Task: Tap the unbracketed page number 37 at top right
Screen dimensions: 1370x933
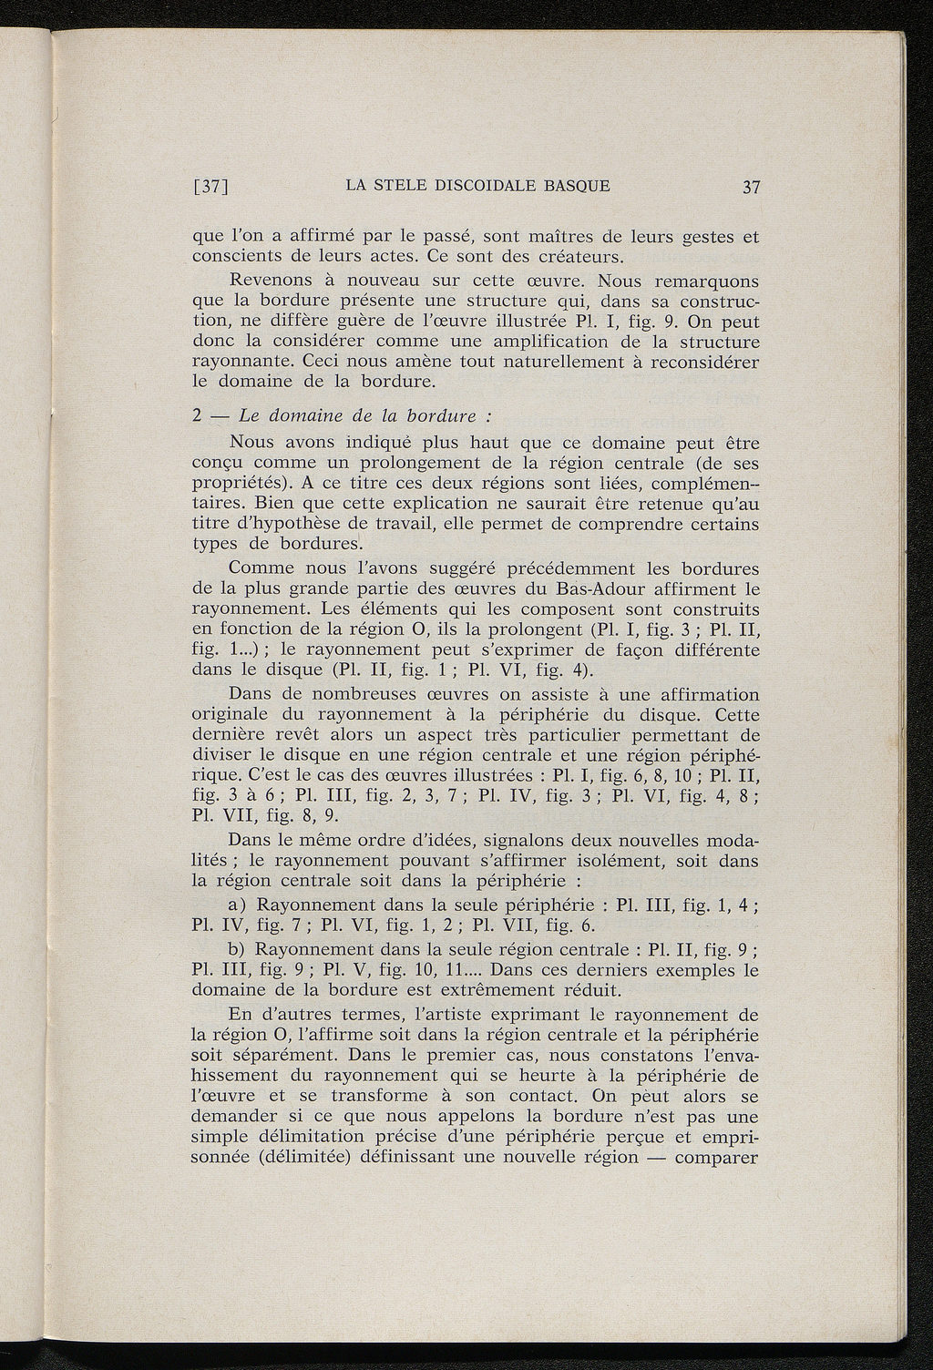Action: point(751,188)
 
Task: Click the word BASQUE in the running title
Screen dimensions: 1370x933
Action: point(576,187)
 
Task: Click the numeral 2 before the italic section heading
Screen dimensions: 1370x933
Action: point(197,416)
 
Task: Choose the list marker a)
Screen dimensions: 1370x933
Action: point(241,906)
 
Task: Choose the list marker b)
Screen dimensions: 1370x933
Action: point(241,949)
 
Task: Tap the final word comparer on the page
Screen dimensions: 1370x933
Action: point(721,1160)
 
